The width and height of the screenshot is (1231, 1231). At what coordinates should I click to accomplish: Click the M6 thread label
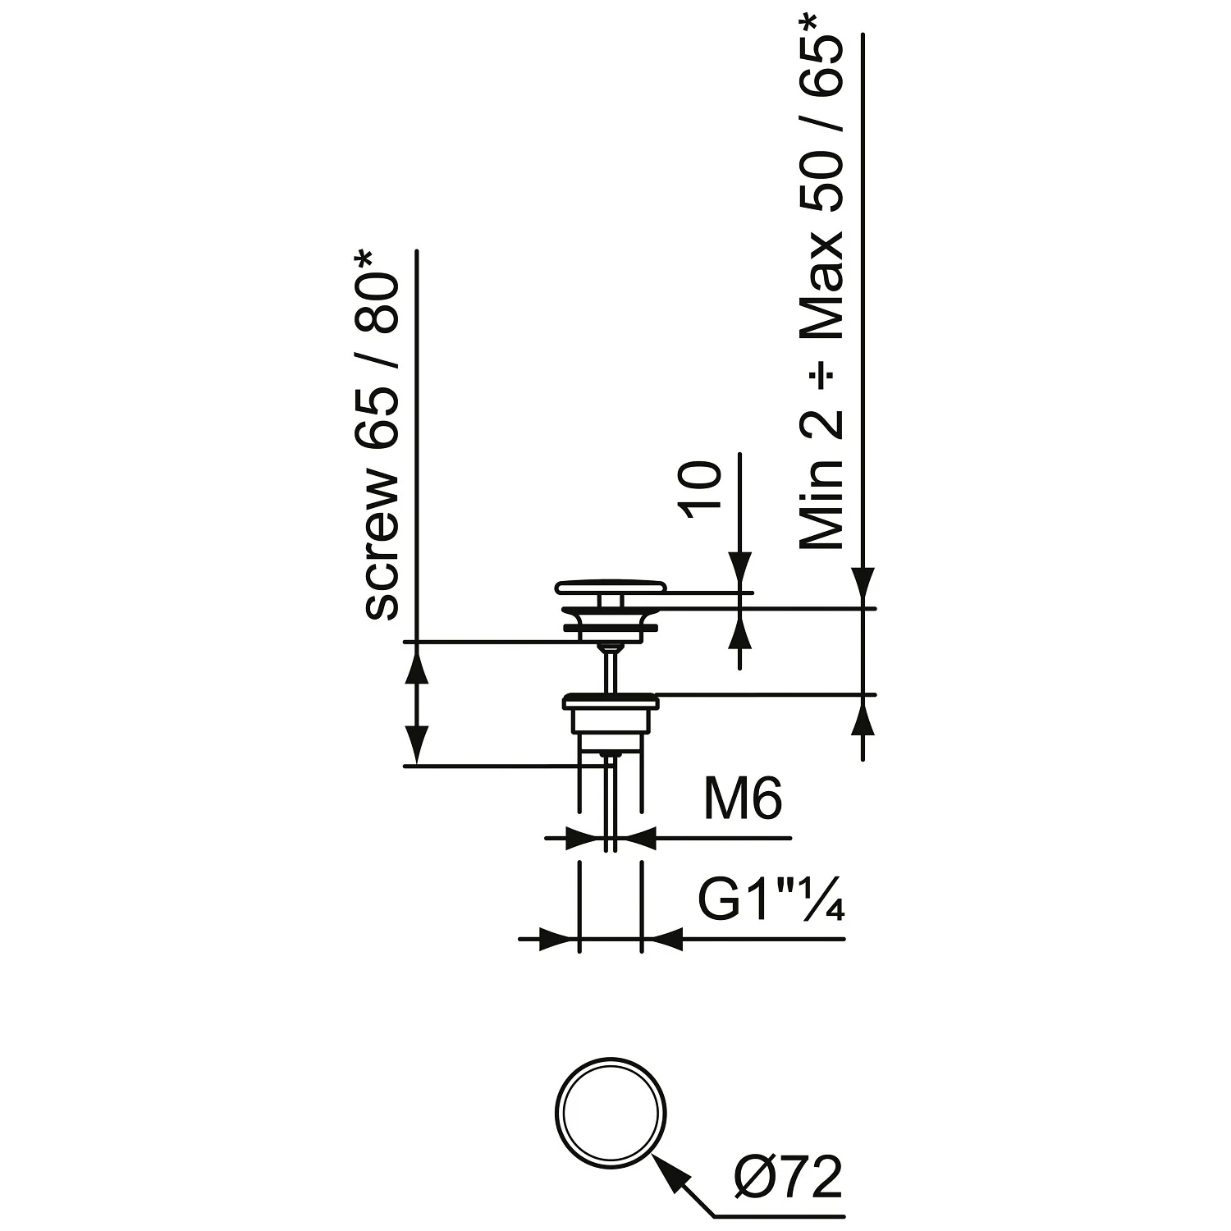tap(743, 799)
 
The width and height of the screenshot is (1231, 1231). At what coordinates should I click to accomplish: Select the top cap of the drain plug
tap(611, 587)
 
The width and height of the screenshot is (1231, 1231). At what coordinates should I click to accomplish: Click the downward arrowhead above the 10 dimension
tap(740, 570)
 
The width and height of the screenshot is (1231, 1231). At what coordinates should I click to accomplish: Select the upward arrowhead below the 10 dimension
tap(740, 629)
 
